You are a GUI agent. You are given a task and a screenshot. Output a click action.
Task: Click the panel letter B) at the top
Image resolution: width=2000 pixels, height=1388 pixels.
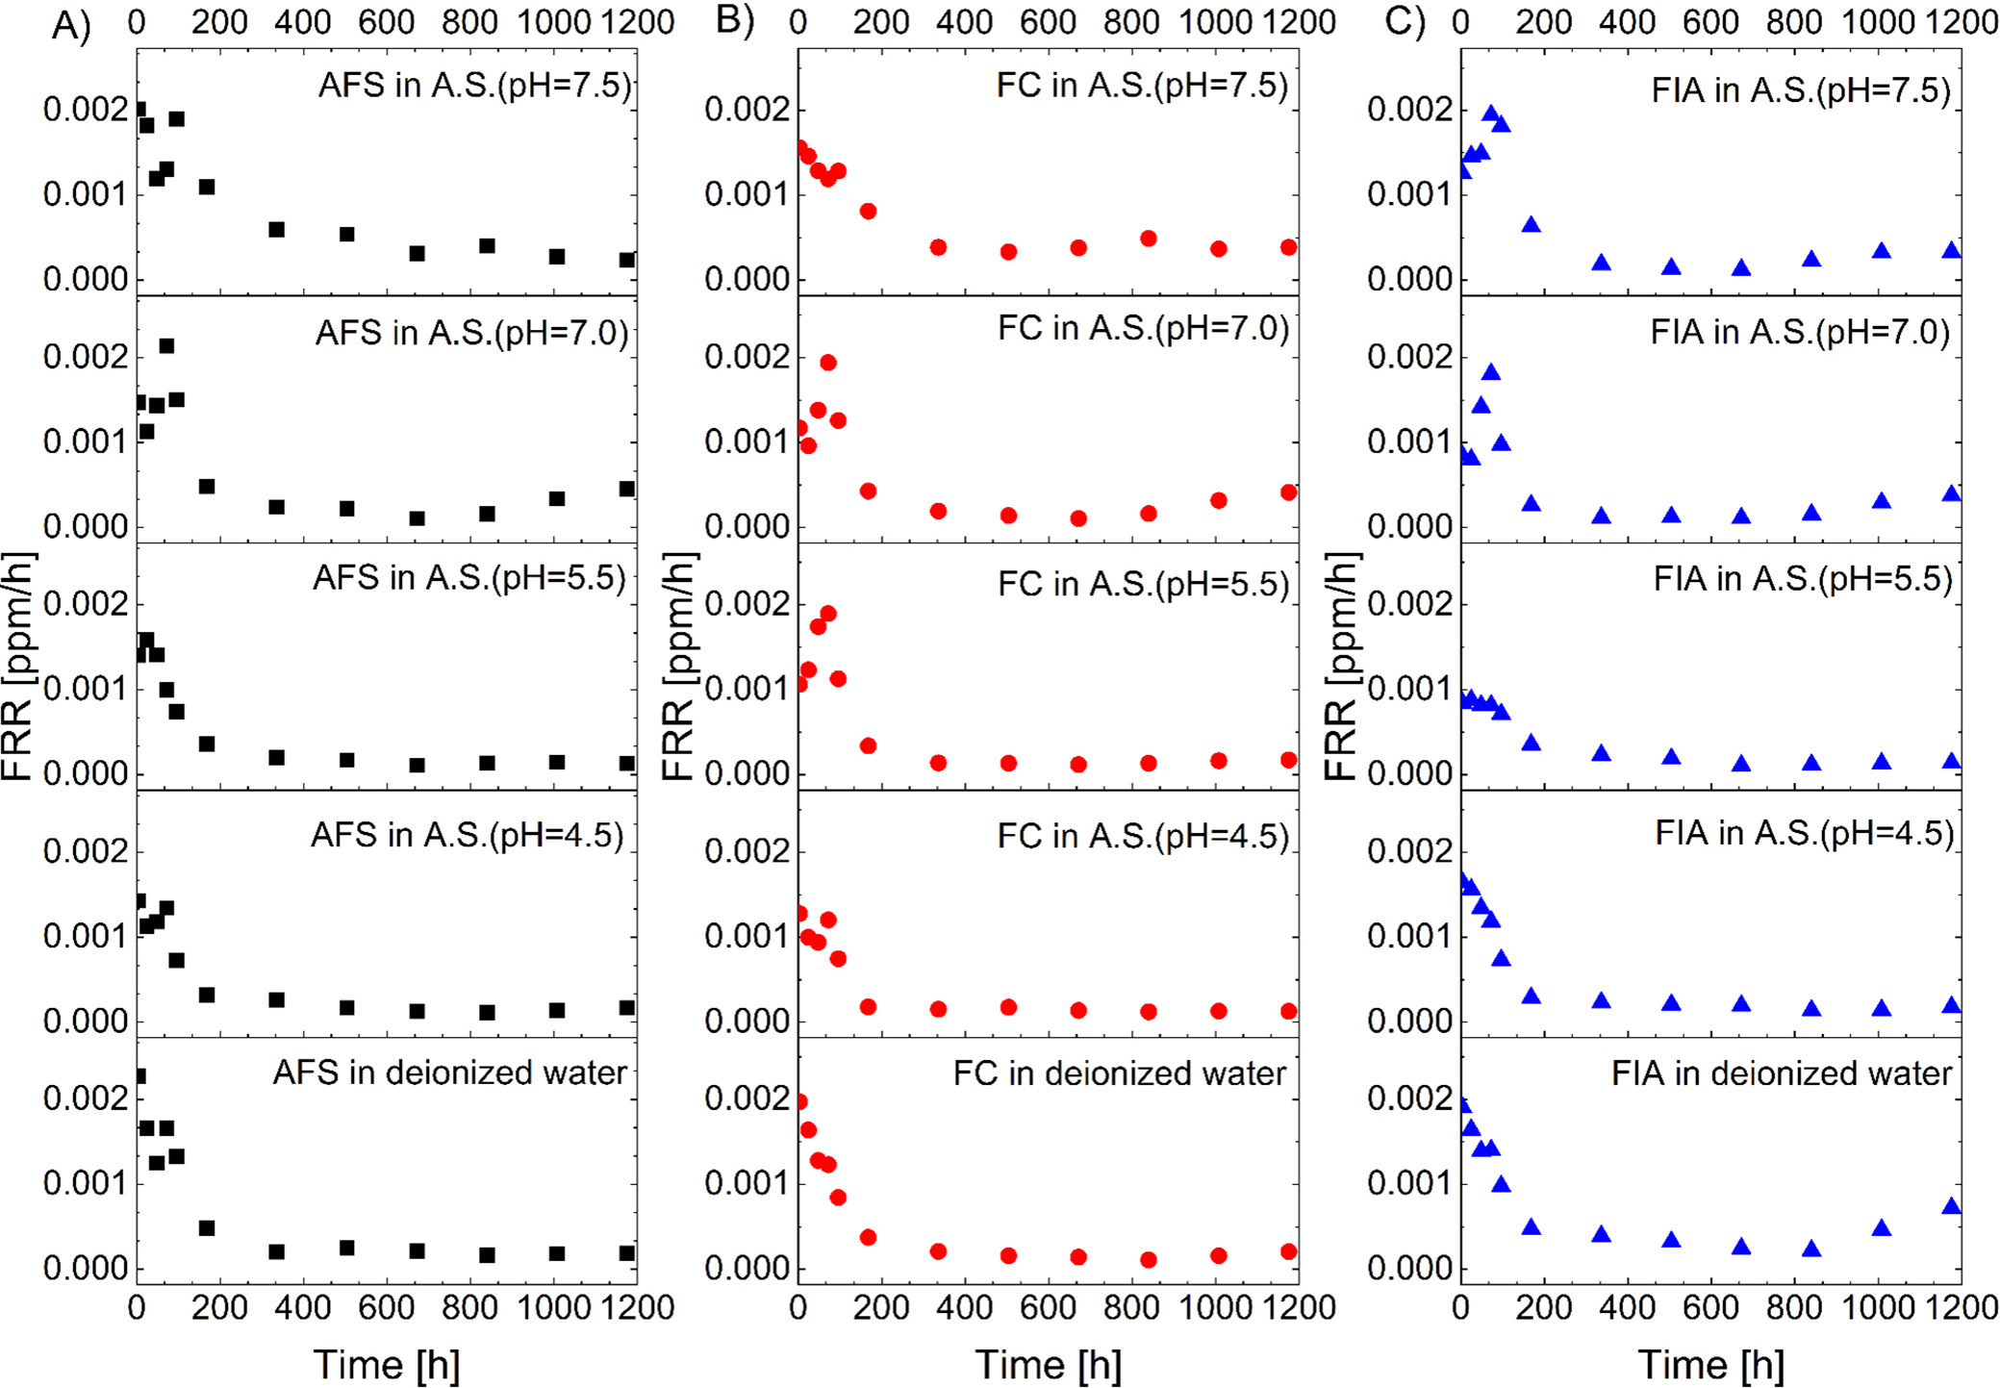pos(734,20)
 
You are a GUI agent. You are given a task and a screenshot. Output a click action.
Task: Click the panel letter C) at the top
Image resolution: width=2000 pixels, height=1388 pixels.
pos(1404,20)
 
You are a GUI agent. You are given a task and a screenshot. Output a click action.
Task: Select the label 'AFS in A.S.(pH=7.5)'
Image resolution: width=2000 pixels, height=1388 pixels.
pos(475,86)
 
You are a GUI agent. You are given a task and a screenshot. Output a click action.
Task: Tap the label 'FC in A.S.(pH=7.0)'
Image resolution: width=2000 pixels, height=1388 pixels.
pos(1143,329)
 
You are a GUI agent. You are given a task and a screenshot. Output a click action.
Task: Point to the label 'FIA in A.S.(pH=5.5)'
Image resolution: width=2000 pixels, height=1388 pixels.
pos(1803,579)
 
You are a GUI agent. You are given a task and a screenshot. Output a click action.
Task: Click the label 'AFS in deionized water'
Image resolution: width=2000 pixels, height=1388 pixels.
pos(450,1073)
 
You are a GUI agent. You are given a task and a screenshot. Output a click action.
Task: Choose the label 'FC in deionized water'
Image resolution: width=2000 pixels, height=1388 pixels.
pos(1120,1073)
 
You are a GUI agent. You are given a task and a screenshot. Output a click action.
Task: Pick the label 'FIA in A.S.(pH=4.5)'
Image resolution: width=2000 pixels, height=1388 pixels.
pos(1805,833)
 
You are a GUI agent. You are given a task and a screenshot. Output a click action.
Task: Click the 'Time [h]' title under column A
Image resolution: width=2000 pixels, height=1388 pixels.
pos(387,1364)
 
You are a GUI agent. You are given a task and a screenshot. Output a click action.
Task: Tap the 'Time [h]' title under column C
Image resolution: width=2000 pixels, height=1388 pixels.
pos(1711,1364)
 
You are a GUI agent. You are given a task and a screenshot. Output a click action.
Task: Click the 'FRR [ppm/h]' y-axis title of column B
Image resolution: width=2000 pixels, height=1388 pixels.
pos(679,666)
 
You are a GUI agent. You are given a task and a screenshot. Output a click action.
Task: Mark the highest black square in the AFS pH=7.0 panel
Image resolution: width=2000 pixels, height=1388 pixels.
pos(166,346)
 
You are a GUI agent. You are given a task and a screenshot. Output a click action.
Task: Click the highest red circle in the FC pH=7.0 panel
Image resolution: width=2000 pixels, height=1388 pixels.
pos(828,363)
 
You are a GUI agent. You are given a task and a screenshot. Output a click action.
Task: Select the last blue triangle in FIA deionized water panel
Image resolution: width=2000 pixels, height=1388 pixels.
pos(1951,1206)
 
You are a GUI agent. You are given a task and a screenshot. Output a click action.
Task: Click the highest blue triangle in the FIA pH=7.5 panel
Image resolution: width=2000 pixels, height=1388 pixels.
pos(1491,114)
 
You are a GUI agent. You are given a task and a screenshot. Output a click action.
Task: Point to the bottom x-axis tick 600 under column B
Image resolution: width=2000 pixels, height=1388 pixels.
pos(1049,1307)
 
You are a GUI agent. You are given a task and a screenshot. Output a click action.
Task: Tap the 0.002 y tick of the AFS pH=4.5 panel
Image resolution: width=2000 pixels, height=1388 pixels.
pos(86,851)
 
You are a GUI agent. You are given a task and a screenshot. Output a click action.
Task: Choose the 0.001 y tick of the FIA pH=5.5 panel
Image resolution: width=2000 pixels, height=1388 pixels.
pos(1410,690)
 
